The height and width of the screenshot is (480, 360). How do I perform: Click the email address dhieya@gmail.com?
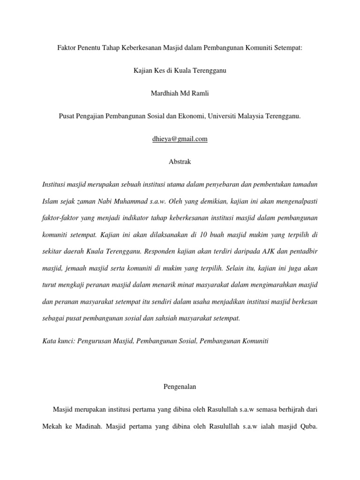pos(180,139)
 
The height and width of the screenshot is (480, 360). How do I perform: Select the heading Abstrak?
pos(180,162)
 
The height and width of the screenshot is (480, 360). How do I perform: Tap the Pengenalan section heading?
pos(180,387)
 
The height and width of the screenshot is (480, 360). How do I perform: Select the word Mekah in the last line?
pos(53,427)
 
